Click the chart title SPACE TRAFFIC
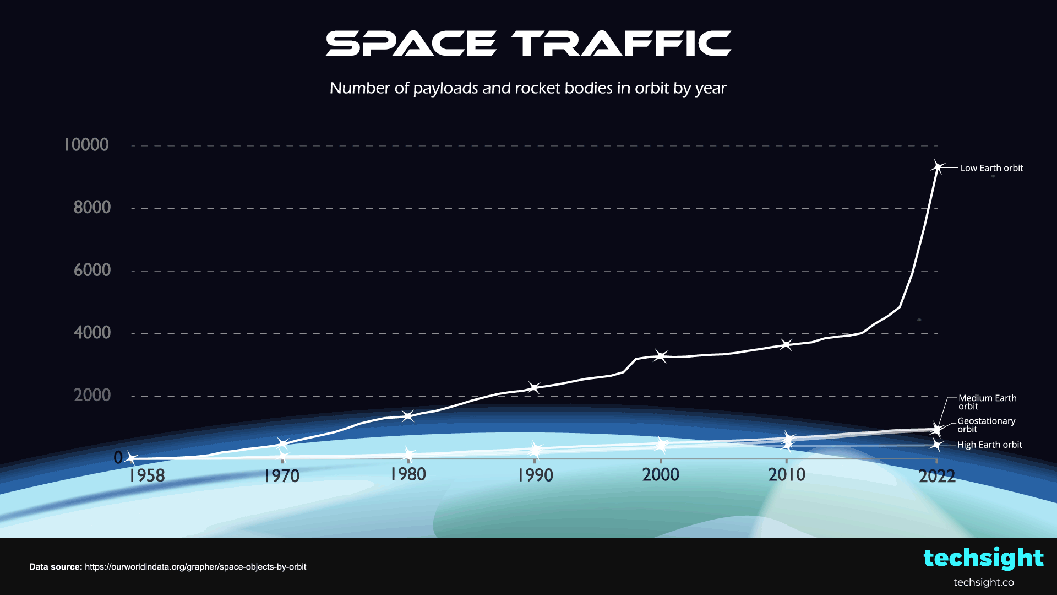click(x=528, y=44)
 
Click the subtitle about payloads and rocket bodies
click(x=528, y=88)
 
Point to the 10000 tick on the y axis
click(x=86, y=145)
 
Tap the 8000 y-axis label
click(x=92, y=208)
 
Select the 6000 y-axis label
click(x=92, y=270)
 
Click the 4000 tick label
click(x=92, y=333)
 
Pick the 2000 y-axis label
click(x=92, y=395)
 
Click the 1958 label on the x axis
click(x=147, y=475)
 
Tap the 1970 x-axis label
click(x=281, y=476)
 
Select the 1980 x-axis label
click(x=408, y=474)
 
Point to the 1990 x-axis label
click(x=535, y=475)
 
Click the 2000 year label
click(x=661, y=474)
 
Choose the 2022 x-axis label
click(x=937, y=476)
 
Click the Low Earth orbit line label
click(x=991, y=168)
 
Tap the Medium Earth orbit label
click(x=987, y=402)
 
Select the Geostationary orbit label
click(x=986, y=425)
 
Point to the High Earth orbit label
click(x=989, y=445)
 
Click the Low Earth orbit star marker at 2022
click(x=938, y=167)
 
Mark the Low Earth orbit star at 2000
click(x=661, y=356)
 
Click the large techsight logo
click(x=983, y=558)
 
